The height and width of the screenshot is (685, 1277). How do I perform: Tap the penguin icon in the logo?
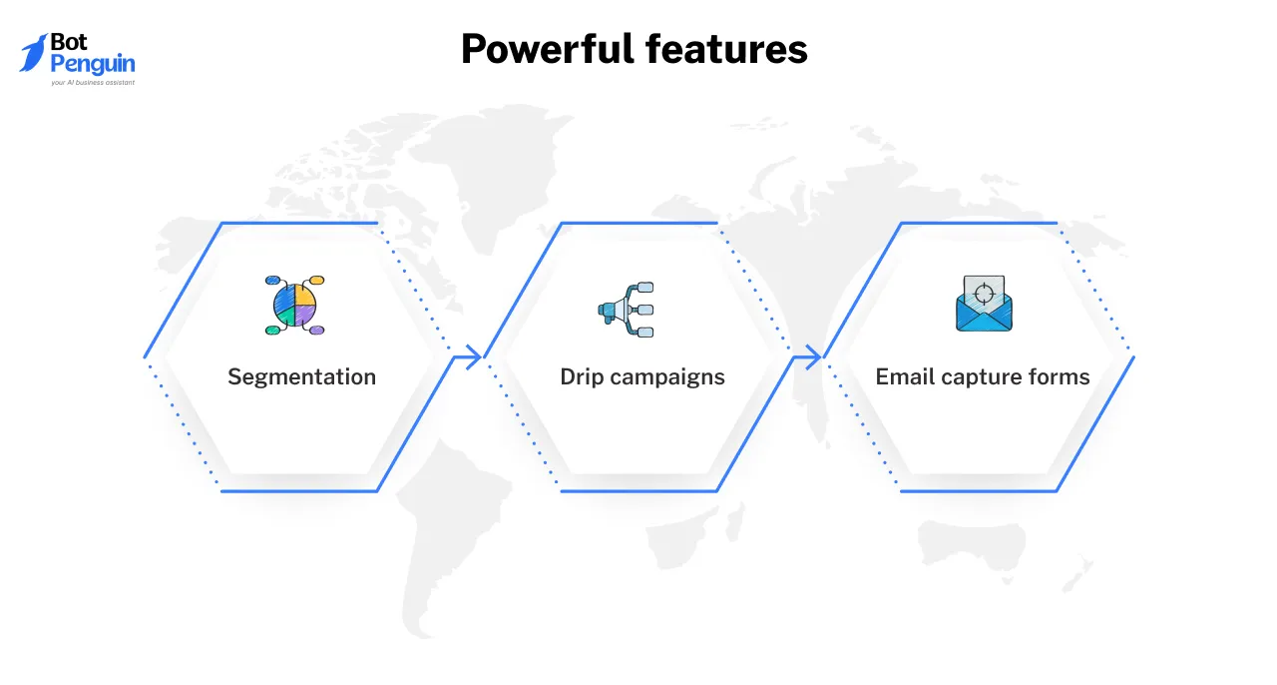click(33, 52)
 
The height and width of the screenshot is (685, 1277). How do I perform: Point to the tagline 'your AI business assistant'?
click(92, 83)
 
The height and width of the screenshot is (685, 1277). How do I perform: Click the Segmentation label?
click(301, 376)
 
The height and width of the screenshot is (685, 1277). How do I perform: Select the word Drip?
click(581, 376)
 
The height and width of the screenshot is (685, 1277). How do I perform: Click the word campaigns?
click(666, 376)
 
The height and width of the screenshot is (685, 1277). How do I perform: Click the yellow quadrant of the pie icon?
click(306, 296)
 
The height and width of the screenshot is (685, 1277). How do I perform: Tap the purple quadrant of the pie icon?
click(305, 315)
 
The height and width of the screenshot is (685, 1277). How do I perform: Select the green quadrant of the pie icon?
click(285, 315)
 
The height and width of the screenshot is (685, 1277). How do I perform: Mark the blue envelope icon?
click(984, 316)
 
